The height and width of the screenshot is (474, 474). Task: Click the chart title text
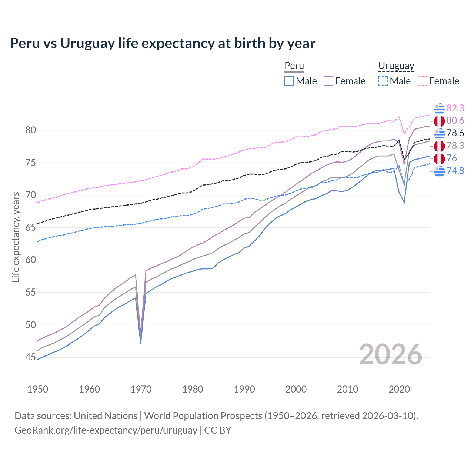pyautogui.click(x=162, y=43)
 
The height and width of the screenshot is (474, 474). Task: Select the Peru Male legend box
pyautogui.click(x=289, y=81)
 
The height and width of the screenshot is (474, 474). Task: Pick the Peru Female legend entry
pyautogui.click(x=344, y=81)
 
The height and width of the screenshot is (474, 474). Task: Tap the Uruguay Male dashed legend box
pyautogui.click(x=383, y=81)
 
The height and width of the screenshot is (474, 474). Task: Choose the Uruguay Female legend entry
pyautogui.click(x=438, y=81)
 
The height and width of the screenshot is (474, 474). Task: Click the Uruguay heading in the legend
pyautogui.click(x=396, y=66)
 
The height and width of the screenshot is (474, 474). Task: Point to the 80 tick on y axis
pyautogui.click(x=31, y=130)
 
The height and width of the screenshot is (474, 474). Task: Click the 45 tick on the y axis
pyautogui.click(x=31, y=357)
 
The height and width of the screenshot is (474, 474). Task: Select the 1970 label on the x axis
pyautogui.click(x=141, y=389)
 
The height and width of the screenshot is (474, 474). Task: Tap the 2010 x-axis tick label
pyautogui.click(x=347, y=389)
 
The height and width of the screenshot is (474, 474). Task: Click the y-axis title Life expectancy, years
pyautogui.click(x=16, y=237)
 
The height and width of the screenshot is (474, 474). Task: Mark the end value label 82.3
pyautogui.click(x=455, y=108)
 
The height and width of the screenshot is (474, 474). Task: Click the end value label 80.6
pyautogui.click(x=455, y=120)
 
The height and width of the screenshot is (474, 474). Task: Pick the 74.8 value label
pyautogui.click(x=455, y=171)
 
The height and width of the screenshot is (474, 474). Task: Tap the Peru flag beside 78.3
pyautogui.click(x=439, y=146)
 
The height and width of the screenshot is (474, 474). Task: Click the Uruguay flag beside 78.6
pyautogui.click(x=439, y=133)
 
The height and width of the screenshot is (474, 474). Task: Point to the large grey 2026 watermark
pyautogui.click(x=390, y=354)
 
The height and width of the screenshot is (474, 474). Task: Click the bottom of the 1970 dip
pyautogui.click(x=141, y=342)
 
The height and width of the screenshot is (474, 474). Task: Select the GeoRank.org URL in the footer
pyautogui.click(x=106, y=430)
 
